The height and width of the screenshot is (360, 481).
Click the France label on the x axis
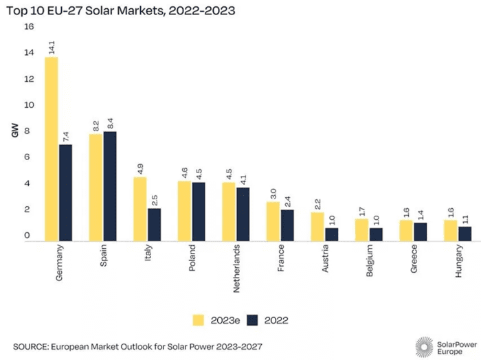280,258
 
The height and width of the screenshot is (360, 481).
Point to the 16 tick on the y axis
28,27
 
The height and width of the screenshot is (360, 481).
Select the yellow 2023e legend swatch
199,319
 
